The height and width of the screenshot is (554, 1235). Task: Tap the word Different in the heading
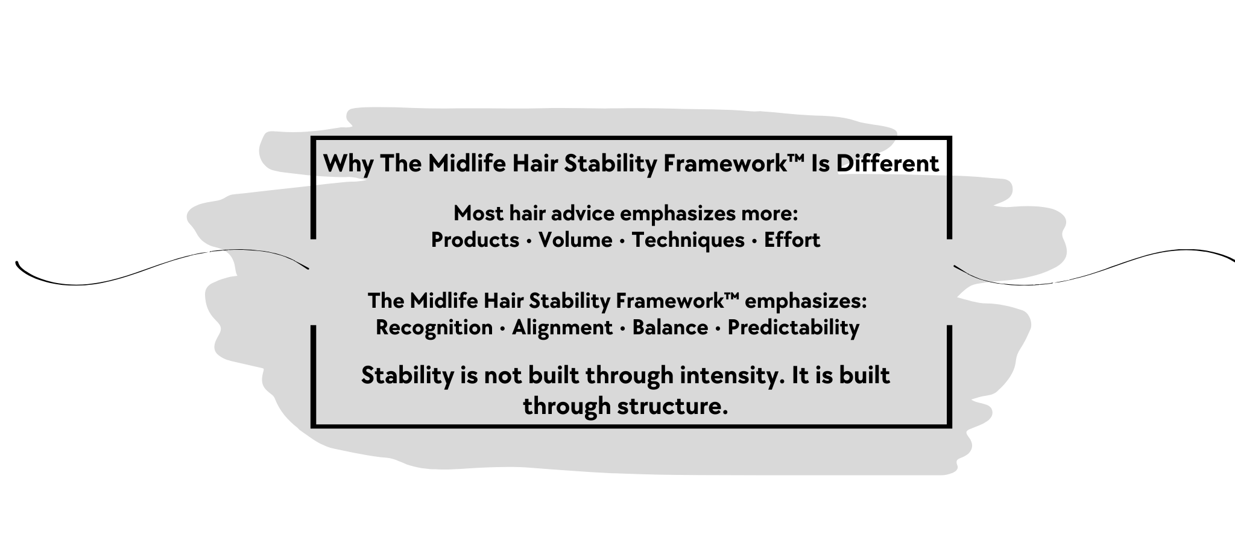tap(888, 164)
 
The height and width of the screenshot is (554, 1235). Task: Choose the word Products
tap(475, 240)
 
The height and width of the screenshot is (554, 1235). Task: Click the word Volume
tap(575, 240)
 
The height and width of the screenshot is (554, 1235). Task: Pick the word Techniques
tap(688, 240)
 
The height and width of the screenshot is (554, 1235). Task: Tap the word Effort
tap(792, 240)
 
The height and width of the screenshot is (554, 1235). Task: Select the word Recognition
tap(434, 328)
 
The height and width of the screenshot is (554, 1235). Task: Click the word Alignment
tap(562, 328)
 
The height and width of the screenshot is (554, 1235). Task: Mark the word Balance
tap(670, 328)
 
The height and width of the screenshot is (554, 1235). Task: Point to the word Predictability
tap(793, 328)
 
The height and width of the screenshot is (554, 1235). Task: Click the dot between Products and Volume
tap(529, 241)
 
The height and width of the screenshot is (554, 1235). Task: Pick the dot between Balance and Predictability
tap(718, 329)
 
